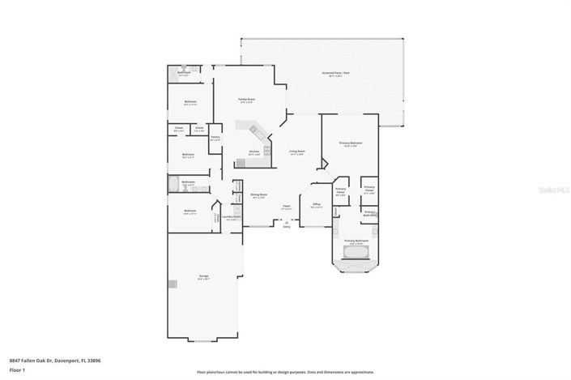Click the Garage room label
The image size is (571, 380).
pos(203,277)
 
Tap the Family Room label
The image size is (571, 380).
pos(246,100)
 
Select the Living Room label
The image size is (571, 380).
pos(297,152)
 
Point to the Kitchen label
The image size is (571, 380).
pos(254,152)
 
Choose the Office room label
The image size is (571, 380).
pos(317,204)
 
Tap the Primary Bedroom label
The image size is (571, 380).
pos(351,143)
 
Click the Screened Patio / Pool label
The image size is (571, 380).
pos(335,73)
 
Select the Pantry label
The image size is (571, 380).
pos(215,138)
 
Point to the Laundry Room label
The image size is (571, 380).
pos(230,216)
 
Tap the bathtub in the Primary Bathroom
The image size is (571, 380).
pos(352,254)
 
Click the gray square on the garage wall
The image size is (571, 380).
pos(172,284)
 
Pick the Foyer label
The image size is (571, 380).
pos(286,207)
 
